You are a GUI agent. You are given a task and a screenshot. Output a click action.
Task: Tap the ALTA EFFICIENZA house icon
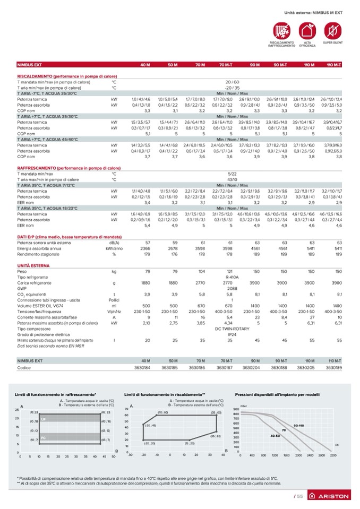[307, 30]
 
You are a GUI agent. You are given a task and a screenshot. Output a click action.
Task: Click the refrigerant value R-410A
[232, 277]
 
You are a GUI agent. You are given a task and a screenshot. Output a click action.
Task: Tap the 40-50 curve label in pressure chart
[275, 435]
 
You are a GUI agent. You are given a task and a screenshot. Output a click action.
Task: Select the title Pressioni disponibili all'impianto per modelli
[277, 394]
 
